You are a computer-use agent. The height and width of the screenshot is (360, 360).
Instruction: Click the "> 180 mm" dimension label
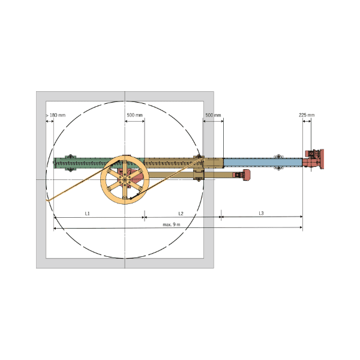56,115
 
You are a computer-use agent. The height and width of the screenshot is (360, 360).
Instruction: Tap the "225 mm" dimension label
307,115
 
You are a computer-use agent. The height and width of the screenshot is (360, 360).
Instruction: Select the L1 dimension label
87,214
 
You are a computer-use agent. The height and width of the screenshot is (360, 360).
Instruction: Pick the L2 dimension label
181,214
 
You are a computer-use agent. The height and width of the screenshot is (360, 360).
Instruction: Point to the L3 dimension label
261,213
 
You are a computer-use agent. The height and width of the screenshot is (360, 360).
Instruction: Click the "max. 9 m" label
172,224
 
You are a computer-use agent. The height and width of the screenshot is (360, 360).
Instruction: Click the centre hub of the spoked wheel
124,179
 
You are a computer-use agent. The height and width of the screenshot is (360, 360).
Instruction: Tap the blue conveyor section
263,163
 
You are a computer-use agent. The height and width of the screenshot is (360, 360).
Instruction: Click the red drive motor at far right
313,159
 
